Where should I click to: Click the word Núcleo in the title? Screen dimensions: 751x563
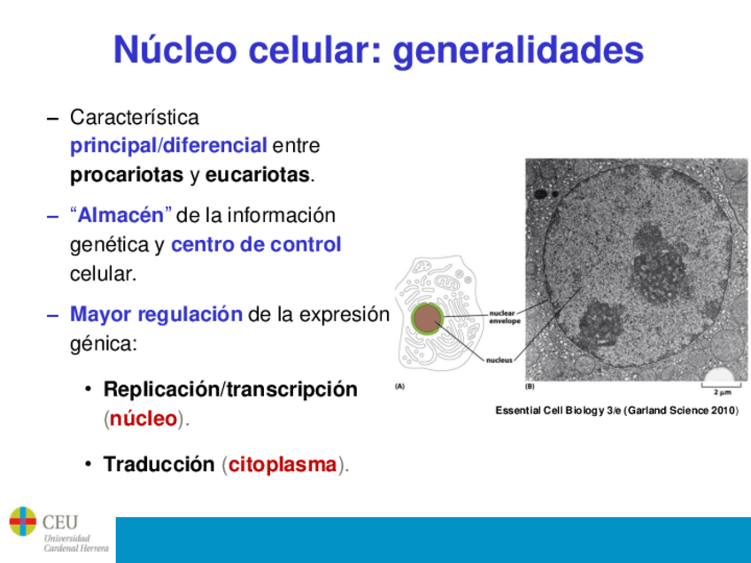pos(175,49)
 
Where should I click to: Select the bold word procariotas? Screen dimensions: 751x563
pos(127,175)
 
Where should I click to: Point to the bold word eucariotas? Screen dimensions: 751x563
pos(257,174)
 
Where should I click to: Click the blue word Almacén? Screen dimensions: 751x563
pos(120,215)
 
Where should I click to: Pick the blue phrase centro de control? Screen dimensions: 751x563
pos(256,244)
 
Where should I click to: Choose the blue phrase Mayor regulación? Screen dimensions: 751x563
pos(156,315)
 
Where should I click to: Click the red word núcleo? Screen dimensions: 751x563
pos(143,419)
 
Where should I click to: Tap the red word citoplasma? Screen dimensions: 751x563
pos(283,465)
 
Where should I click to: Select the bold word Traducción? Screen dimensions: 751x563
pos(159,464)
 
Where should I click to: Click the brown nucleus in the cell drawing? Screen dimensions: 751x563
pos(427,319)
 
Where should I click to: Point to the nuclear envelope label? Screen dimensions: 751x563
pos(505,317)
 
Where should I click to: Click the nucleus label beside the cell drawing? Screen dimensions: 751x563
pos(499,360)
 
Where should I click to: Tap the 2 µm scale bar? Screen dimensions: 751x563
pos(722,385)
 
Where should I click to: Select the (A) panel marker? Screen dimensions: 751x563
pos(399,386)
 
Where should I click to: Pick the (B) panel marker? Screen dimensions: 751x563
pos(530,386)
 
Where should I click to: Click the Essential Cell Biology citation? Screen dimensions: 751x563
pos(617,411)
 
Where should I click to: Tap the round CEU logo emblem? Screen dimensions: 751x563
pos(22,521)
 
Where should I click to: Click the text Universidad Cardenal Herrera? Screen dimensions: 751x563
pos(76,543)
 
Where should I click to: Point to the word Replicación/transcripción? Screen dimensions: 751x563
pos(230,389)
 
